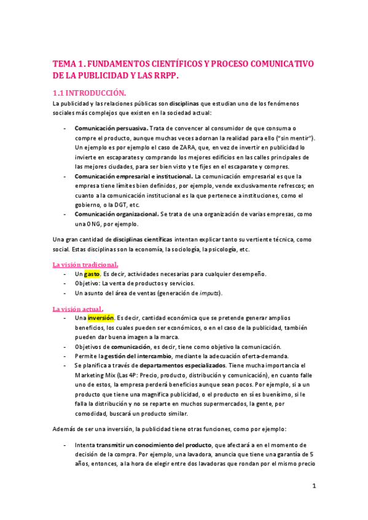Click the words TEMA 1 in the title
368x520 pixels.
pyautogui.click(x=69, y=64)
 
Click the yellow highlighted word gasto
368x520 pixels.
pyautogui.click(x=92, y=273)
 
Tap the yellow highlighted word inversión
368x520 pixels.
pyautogui.click(x=100, y=318)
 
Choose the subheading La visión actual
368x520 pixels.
pyautogui.click(x=77, y=309)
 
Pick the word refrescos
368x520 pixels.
pyautogui.click(x=286, y=185)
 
